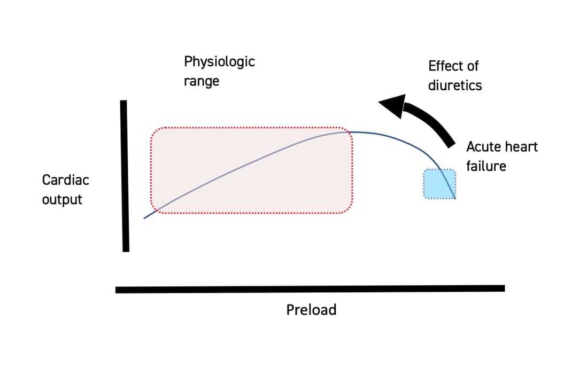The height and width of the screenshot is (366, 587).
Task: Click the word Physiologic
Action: pyautogui.click(x=219, y=62)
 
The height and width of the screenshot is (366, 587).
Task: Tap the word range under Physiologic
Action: pyautogui.click(x=202, y=82)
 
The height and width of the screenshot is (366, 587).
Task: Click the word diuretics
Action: pyautogui.click(x=454, y=85)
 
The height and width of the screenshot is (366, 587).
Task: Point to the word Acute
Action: pyautogui.click(x=483, y=147)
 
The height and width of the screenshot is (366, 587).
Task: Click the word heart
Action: pyautogui.click(x=520, y=147)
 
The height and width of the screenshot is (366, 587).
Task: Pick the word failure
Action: pyautogui.click(x=485, y=166)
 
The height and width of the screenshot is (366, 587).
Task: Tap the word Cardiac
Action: pyautogui.click(x=65, y=180)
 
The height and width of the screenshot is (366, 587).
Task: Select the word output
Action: pyautogui.click(x=62, y=200)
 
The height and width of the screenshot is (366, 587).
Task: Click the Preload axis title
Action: pyautogui.click(x=311, y=310)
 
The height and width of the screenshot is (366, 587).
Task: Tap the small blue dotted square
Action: pyautogui.click(x=439, y=184)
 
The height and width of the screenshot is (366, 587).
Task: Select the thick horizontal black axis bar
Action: pyautogui.click(x=310, y=289)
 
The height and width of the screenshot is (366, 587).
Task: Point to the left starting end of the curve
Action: pyautogui.click(x=144, y=218)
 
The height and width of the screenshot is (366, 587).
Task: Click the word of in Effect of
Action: pyautogui.click(x=472, y=66)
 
